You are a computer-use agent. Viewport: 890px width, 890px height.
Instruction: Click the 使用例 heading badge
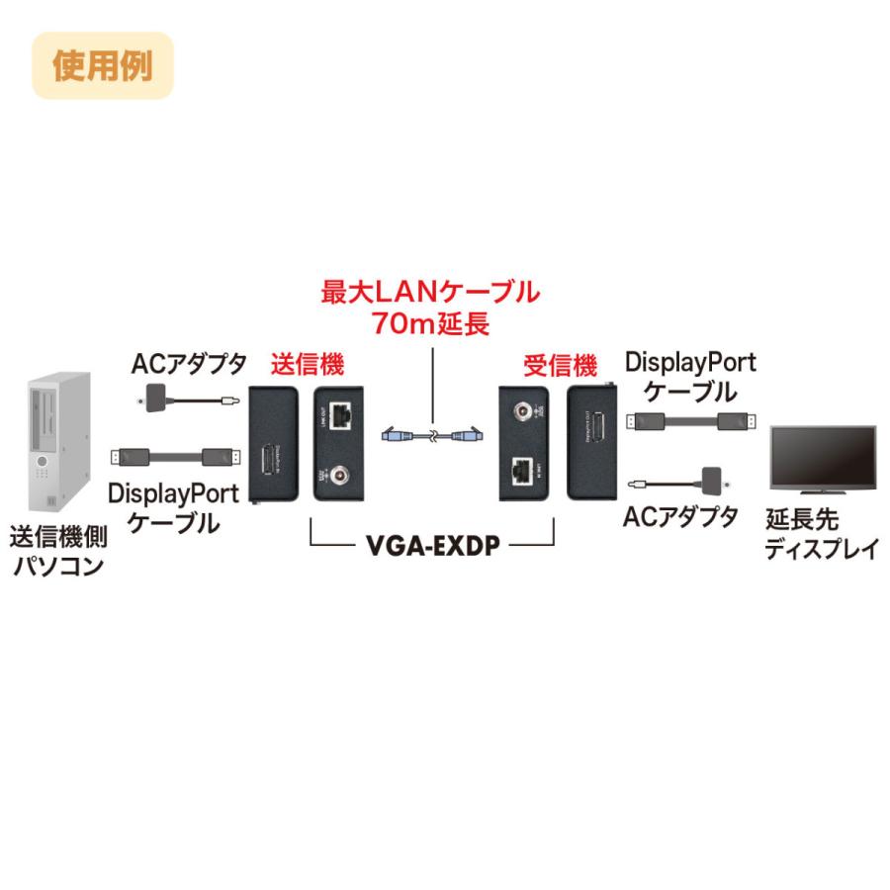(102, 66)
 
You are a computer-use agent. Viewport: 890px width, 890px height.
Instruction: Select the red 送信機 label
(307, 365)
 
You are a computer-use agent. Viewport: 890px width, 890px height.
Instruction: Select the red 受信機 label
(560, 365)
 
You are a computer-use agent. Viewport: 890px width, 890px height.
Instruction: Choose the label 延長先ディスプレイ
(820, 535)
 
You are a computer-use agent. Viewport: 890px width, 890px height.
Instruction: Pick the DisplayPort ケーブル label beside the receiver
(690, 377)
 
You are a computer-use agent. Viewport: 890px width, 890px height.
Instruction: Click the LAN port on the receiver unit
(523, 471)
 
